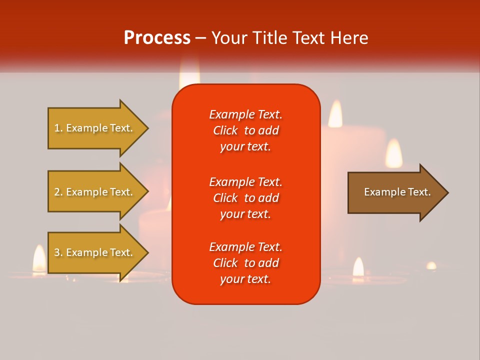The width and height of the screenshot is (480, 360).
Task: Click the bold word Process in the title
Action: click(x=157, y=38)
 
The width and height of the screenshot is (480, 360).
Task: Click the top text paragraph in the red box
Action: click(x=245, y=130)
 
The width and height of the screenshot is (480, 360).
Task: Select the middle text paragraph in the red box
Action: click(x=245, y=198)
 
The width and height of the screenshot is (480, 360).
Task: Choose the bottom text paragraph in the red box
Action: click(x=245, y=263)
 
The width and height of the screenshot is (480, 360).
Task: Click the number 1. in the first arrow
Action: click(x=58, y=128)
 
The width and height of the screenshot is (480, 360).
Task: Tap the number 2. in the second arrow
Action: click(x=58, y=192)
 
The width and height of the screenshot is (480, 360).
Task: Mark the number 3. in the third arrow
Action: click(x=58, y=252)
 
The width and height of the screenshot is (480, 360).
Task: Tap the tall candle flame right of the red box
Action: click(x=335, y=114)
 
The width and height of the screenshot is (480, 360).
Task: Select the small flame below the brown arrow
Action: click(x=358, y=267)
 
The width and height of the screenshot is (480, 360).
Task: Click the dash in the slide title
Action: click(x=200, y=38)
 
